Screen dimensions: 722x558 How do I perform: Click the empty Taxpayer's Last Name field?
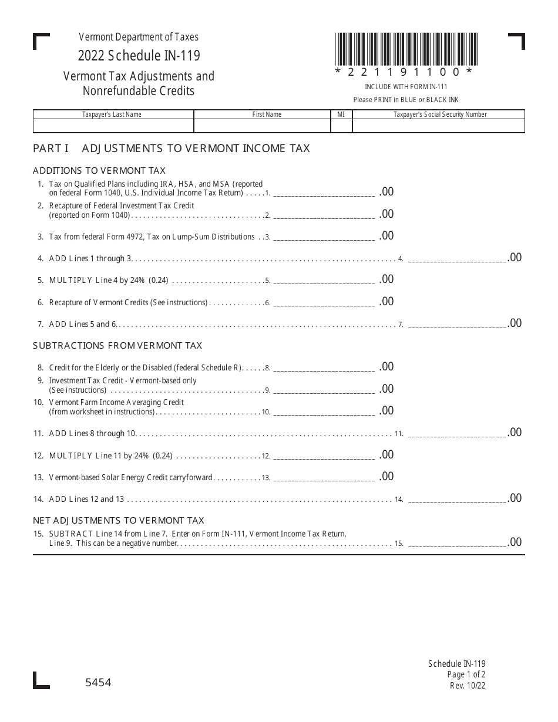coord(113,126)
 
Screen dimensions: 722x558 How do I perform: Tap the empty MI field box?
coord(341,126)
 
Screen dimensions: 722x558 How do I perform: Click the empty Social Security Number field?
coord(438,126)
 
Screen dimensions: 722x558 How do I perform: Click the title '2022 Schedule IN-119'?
coord(139,56)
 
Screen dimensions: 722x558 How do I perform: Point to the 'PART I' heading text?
coord(51,149)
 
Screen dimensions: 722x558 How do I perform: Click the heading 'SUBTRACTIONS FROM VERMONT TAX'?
coord(117,346)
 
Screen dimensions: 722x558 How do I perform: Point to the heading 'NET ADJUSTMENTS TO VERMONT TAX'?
coord(119,521)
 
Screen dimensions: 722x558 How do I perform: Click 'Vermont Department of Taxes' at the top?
coord(139,37)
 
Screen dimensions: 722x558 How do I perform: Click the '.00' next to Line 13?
coord(386,477)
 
